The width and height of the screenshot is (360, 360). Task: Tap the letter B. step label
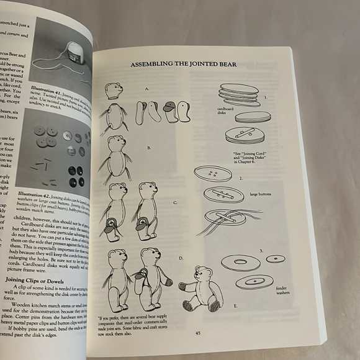tap(149, 148)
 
